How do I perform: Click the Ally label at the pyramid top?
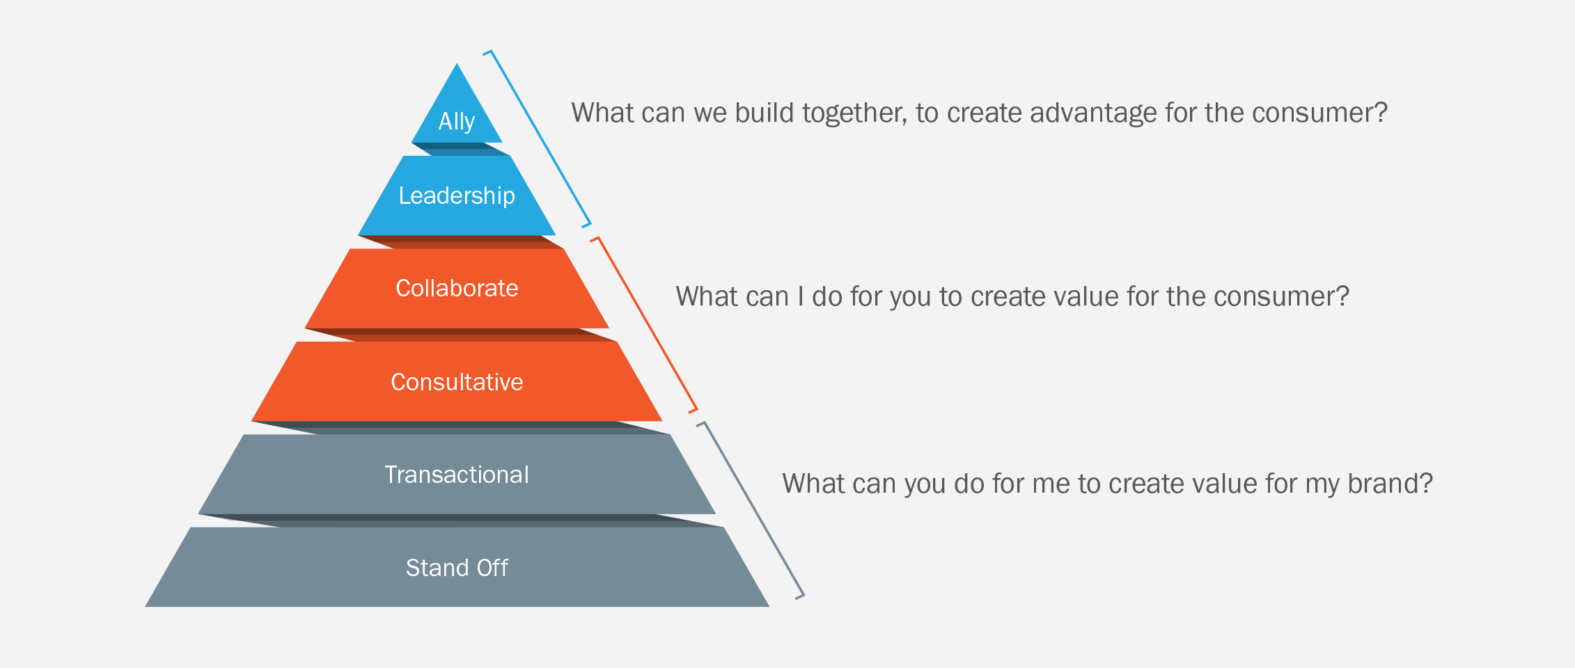click(x=457, y=122)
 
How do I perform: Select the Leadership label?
click(x=457, y=196)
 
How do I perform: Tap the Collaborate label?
click(x=457, y=288)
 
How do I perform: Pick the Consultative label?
click(x=457, y=382)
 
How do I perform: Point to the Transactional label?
click(x=457, y=475)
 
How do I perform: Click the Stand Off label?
click(x=457, y=568)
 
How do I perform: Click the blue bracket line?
click(x=540, y=138)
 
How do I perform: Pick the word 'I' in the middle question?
click(x=801, y=296)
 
